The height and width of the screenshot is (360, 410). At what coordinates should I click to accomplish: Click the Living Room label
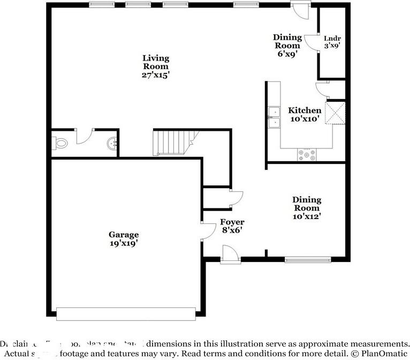tap(155, 66)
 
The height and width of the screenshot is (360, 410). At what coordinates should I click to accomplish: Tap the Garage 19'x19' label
tap(124, 238)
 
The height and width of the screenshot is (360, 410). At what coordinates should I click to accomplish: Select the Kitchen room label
tap(305, 115)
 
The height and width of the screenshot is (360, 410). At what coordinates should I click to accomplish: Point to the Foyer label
tap(232, 226)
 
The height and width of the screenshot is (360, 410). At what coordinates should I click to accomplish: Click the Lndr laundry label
tap(332, 42)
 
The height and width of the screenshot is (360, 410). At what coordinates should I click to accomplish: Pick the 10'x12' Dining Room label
tap(307, 208)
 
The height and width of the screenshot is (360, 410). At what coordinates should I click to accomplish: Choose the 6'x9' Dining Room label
tap(287, 45)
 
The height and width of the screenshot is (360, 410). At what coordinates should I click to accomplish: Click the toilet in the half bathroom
tap(60, 143)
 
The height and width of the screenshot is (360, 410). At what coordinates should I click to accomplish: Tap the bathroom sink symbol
tap(111, 143)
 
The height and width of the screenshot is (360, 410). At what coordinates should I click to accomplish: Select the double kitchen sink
tap(275, 118)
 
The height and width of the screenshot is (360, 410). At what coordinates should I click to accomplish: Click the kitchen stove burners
tap(307, 154)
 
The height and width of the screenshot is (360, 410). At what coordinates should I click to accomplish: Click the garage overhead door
tap(126, 313)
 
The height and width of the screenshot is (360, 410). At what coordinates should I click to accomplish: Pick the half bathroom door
tap(84, 136)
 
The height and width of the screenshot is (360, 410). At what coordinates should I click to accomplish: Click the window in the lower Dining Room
tap(303, 260)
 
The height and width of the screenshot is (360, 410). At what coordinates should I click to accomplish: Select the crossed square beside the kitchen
tap(337, 113)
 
